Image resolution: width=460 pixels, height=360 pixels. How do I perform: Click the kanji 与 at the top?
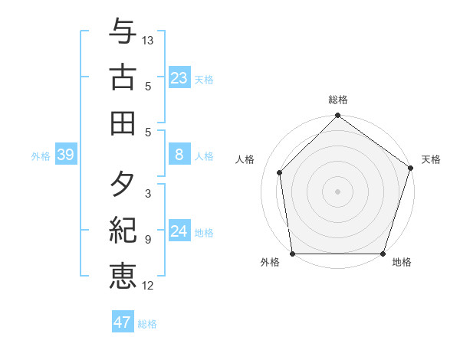tap(123, 32)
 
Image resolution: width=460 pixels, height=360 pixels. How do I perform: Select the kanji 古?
tap(123, 77)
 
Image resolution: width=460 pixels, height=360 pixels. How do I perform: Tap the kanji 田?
tap(123, 122)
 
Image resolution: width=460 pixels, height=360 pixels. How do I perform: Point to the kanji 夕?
tap(123, 184)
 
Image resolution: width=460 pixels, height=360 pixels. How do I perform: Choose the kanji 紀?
tap(123, 229)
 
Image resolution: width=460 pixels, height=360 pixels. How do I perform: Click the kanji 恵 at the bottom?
tap(123, 274)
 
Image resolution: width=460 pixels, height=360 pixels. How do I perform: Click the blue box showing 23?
tap(179, 77)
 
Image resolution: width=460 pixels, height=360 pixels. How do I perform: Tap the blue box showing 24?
tap(179, 232)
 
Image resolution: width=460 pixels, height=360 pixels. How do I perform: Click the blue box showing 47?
tap(122, 322)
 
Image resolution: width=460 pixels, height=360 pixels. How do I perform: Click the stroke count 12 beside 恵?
tap(148, 286)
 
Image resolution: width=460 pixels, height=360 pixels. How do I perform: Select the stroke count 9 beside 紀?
tap(148, 240)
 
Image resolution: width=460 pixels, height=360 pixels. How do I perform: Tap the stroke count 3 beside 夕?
tap(148, 194)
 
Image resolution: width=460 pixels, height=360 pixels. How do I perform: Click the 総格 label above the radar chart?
tap(337, 100)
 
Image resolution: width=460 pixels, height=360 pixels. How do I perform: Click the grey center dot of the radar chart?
tap(337, 191)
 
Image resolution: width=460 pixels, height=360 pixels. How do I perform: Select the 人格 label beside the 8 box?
tap(204, 156)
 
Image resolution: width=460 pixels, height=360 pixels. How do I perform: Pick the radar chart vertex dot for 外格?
tap(292, 254)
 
